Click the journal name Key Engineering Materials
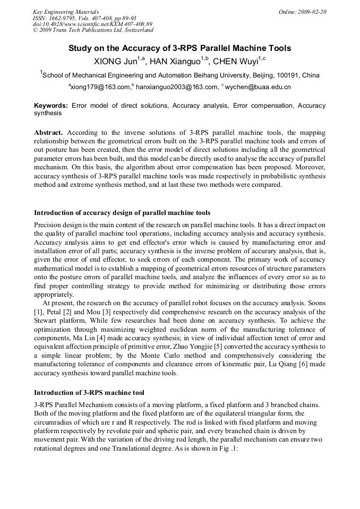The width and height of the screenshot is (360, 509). coord(66,12)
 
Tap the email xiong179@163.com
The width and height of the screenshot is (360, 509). coord(101,87)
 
